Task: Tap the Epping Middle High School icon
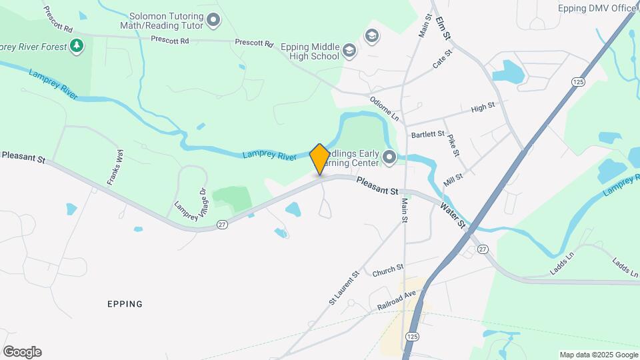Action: [x=349, y=51]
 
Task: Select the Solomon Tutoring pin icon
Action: [x=213, y=21]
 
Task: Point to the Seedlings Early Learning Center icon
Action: [x=389, y=158]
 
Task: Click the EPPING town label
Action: [x=125, y=304]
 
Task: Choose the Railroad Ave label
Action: [x=396, y=298]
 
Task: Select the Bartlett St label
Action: [x=427, y=134]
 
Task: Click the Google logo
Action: [x=22, y=352]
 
